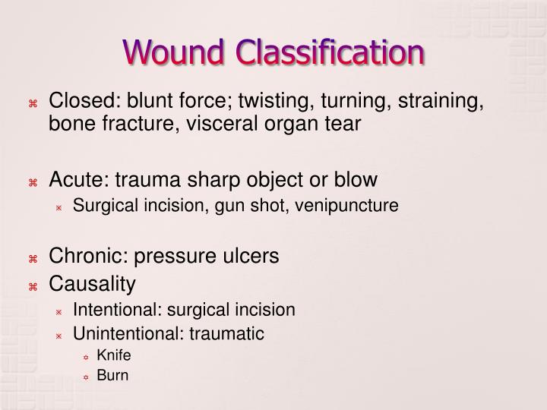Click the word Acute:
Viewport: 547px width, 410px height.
click(x=77, y=180)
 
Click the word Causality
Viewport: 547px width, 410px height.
click(x=92, y=284)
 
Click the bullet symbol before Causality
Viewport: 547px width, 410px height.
click(x=33, y=285)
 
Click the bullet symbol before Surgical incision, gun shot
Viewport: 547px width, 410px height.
click(x=58, y=206)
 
